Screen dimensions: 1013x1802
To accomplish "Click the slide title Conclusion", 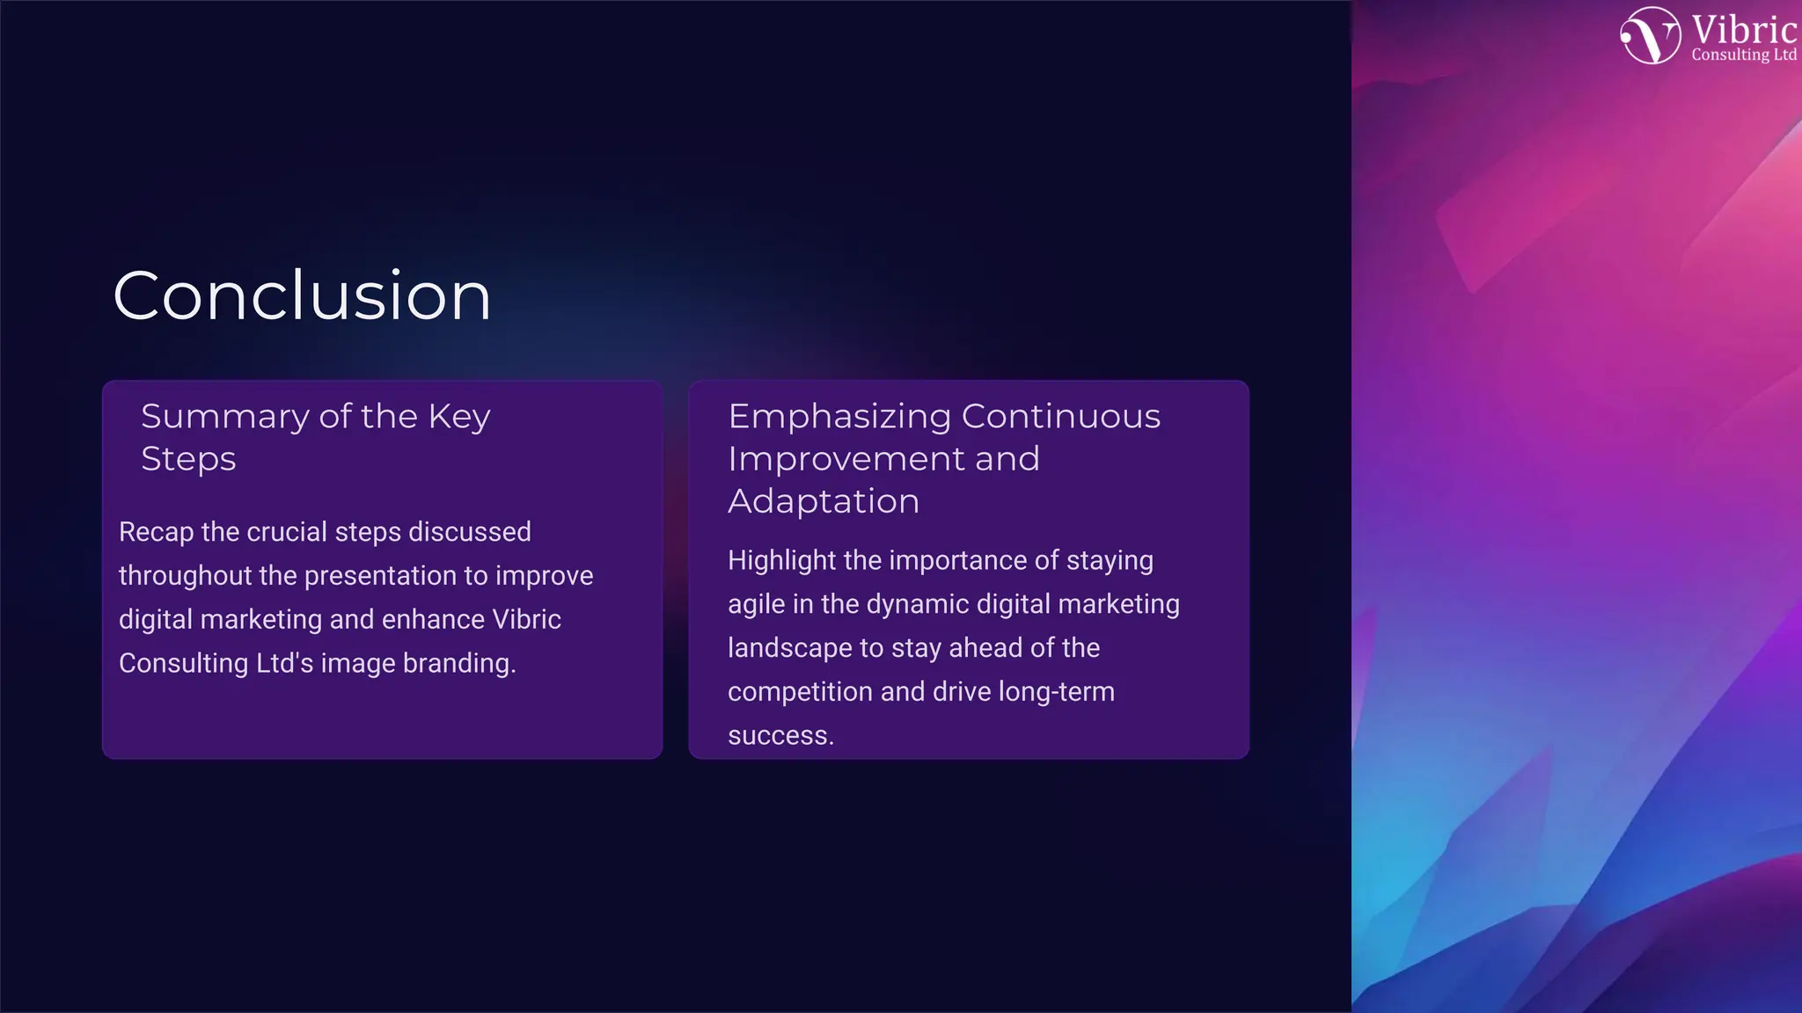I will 302,296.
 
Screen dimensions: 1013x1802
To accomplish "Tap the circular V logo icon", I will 1651,35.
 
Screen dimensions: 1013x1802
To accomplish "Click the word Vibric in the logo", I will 1743,31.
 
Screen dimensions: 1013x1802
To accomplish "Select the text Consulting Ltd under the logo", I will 1743,55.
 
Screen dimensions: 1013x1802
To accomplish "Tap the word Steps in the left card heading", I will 188,459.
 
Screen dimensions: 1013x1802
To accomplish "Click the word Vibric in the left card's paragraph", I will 526,620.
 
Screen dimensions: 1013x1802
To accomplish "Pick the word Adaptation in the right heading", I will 824,501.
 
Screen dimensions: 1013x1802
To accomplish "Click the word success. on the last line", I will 780,735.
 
